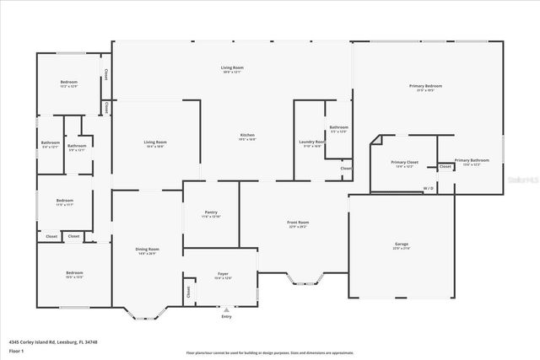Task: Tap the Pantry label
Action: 211,212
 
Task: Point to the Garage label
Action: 402,244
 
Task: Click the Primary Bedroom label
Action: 425,86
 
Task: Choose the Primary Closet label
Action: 404,162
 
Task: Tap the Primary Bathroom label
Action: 472,160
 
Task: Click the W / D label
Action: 429,188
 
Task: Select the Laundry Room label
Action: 311,142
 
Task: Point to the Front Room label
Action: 299,223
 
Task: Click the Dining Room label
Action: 148,249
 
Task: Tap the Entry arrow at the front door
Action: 225,309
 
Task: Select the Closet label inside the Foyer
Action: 187,292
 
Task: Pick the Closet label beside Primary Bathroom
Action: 445,166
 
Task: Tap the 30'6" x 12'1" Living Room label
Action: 232,69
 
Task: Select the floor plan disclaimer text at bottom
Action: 269,352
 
